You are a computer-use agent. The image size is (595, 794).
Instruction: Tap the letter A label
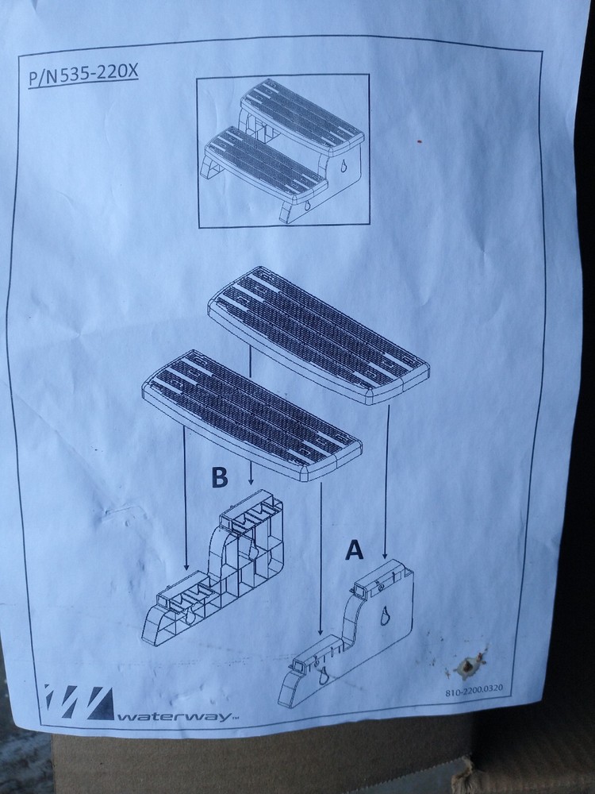(x=354, y=550)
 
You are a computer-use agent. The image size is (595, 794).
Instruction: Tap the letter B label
(x=219, y=477)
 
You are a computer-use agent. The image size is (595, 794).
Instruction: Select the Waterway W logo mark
(x=79, y=701)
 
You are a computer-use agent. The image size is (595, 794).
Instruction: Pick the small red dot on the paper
(x=418, y=141)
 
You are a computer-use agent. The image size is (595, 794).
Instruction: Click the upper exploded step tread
(x=319, y=335)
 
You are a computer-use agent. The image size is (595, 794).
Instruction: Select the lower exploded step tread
(x=252, y=415)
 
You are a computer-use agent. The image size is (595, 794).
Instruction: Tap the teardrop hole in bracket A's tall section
(x=386, y=616)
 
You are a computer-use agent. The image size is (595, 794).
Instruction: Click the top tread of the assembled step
(x=302, y=117)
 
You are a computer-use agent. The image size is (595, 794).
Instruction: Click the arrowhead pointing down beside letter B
(x=251, y=481)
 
